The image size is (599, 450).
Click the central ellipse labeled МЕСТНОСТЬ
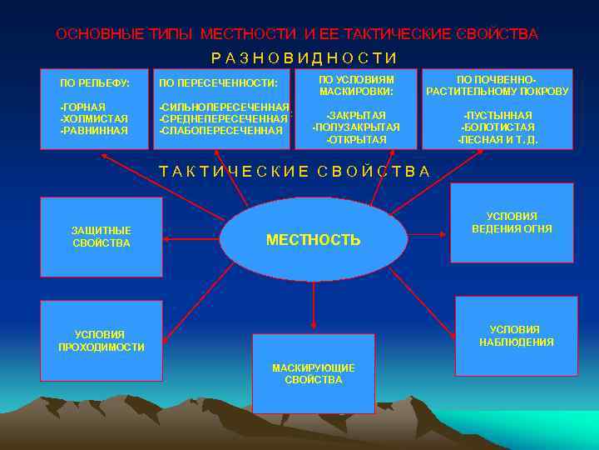(x=314, y=240)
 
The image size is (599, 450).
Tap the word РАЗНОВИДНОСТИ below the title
(x=304, y=57)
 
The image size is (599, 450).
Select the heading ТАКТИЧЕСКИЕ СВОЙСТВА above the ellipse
(x=295, y=172)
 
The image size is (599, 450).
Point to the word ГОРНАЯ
(x=83, y=107)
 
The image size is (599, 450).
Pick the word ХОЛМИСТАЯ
(x=94, y=118)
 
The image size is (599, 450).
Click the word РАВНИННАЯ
(x=94, y=130)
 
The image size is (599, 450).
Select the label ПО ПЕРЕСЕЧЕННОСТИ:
(x=218, y=83)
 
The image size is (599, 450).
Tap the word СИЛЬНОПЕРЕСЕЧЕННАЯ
(x=225, y=107)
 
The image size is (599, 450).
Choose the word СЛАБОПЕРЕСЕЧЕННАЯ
(x=221, y=131)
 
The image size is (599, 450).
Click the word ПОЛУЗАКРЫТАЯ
(x=356, y=127)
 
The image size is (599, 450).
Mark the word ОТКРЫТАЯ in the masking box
(x=356, y=139)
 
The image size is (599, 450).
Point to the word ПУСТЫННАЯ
(x=498, y=115)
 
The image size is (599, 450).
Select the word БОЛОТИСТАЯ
(x=498, y=127)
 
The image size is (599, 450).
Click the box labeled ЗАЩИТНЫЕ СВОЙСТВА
(x=101, y=237)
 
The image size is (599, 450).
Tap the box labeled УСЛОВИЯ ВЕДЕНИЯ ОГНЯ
(x=512, y=222)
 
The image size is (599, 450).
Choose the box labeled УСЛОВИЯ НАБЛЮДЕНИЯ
(x=516, y=336)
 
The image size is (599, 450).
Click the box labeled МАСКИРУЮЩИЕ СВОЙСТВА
(x=313, y=373)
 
